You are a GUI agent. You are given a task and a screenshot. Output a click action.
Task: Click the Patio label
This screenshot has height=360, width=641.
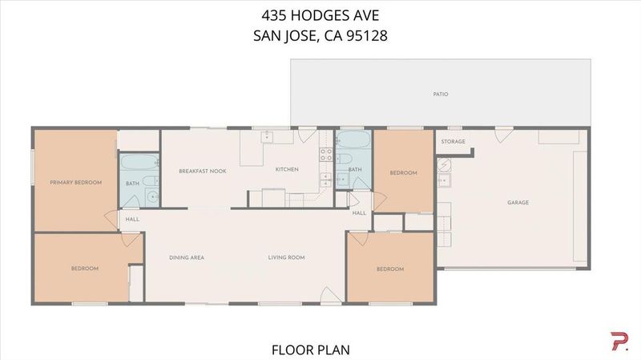(440, 94)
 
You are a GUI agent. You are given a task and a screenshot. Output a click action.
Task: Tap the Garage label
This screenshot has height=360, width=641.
(518, 203)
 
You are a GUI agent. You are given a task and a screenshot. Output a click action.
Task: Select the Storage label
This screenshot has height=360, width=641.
(453, 142)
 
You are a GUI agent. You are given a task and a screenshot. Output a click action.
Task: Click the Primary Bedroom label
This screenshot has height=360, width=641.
(75, 183)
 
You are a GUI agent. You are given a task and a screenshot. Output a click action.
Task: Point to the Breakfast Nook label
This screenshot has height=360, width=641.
(203, 171)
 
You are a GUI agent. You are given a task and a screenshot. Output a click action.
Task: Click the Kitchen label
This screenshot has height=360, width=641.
(287, 169)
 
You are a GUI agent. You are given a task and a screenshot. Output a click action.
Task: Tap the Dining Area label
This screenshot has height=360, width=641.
(187, 257)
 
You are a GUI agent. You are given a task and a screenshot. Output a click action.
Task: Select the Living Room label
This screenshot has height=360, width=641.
(286, 257)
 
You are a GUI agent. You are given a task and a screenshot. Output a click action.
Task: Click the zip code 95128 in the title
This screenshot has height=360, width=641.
(367, 35)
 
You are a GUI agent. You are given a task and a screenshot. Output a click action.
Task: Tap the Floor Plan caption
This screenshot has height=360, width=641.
(311, 350)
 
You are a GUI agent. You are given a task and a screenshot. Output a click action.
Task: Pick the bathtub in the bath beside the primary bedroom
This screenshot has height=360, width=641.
(139, 162)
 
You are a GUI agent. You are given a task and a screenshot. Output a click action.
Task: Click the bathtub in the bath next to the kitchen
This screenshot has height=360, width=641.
(353, 139)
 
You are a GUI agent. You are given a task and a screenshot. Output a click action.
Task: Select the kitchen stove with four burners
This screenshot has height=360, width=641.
(326, 154)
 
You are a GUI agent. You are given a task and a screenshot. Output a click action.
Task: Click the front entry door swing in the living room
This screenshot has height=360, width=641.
(330, 295)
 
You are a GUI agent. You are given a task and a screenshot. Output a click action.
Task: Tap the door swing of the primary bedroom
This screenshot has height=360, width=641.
(111, 219)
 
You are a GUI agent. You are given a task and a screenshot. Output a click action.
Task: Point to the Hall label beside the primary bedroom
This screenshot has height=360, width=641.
(132, 219)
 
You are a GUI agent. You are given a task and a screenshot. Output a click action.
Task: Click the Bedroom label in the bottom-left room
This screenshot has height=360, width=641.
(85, 269)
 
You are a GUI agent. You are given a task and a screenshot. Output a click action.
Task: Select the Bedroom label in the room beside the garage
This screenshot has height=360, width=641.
(403, 173)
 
